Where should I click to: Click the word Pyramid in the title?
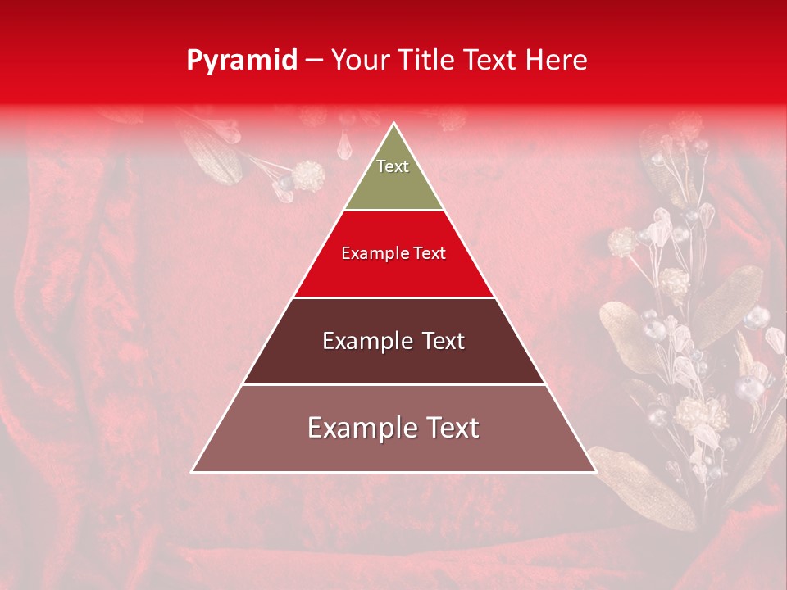[x=241, y=61]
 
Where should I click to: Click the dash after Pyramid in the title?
[x=313, y=61]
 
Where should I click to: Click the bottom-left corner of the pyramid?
[x=193, y=471]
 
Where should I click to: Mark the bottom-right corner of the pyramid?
[x=595, y=471]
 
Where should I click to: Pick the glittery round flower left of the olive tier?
[x=309, y=175]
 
